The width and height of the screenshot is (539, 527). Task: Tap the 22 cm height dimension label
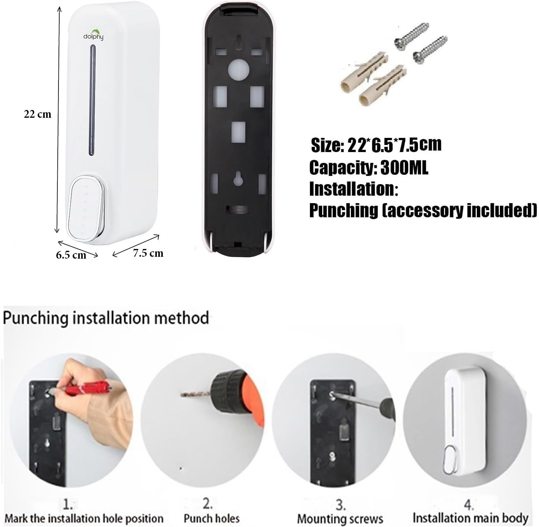point(37,114)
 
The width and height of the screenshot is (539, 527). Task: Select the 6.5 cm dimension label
point(71,255)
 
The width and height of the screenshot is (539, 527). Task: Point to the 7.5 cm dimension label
point(148,253)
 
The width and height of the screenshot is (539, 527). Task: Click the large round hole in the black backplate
point(238,70)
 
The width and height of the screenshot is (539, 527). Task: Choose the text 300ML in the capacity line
point(404,168)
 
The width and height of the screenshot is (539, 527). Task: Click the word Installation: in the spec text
point(354,189)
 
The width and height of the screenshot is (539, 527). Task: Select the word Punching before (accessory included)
point(343,211)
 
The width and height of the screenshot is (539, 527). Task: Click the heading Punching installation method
point(106,318)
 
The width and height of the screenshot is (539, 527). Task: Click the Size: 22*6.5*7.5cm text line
point(376,145)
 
